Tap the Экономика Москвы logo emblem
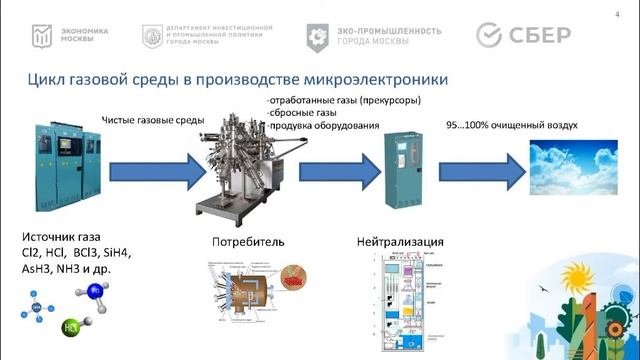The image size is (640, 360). [x=39, y=35]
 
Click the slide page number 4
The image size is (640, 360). [x=616, y=13]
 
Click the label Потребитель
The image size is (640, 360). [x=248, y=242]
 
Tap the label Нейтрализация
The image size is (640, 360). [x=400, y=242]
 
